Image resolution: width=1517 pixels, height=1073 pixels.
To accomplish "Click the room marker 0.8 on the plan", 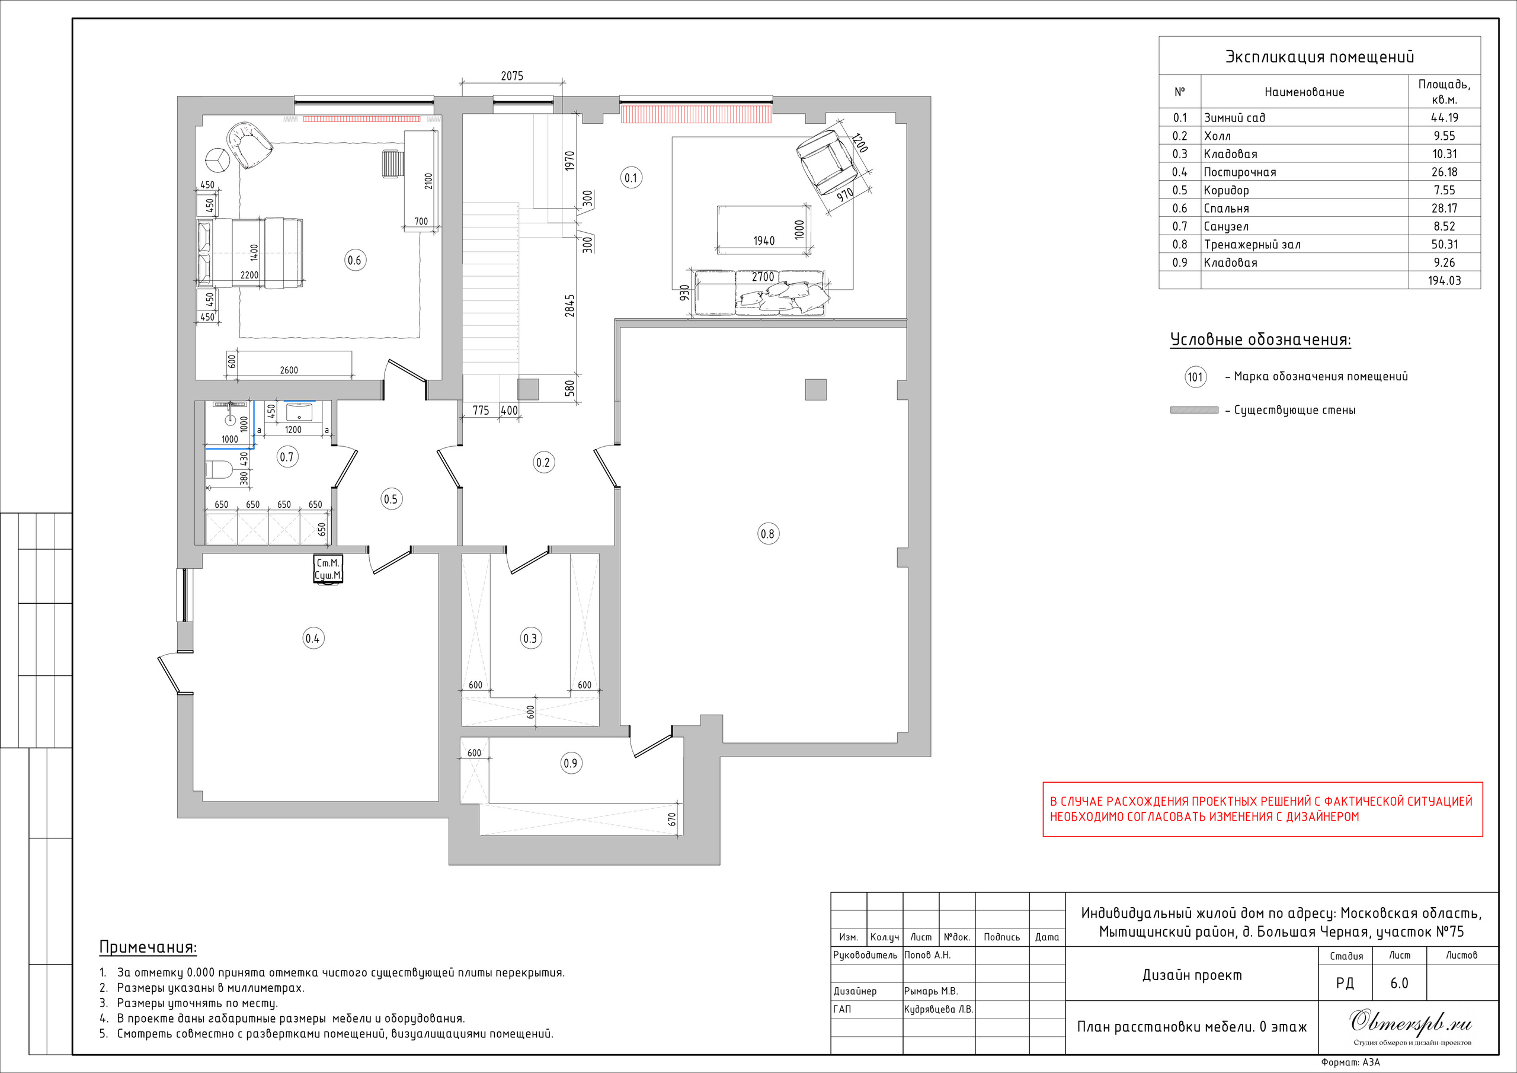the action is point(768,534).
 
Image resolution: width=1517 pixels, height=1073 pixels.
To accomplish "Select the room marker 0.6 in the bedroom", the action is point(355,260).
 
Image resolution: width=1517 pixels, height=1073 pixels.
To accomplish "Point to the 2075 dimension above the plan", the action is point(512,76).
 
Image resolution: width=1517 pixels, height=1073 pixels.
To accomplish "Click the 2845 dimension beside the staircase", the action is point(569,305).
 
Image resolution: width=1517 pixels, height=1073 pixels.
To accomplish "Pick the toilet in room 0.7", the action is point(219,470).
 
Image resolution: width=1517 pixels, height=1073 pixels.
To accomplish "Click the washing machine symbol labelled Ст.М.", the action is point(328,569).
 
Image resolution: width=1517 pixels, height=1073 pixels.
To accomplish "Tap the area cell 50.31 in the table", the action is point(1444,245).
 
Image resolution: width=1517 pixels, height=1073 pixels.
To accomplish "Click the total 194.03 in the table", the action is point(1444,281).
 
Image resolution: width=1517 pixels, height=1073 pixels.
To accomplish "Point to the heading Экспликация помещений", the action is point(1320,57).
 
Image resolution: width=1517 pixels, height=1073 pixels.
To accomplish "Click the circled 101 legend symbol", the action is point(1195,377).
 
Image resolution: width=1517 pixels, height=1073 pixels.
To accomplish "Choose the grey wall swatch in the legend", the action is point(1194,411).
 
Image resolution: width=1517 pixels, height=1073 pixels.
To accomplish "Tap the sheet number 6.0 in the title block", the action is point(1400,983).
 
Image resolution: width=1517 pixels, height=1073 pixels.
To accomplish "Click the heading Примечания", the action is point(148,947).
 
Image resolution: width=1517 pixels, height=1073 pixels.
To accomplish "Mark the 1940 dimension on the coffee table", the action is point(764,241).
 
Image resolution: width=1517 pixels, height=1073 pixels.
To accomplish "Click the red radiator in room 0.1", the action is point(696,114).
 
